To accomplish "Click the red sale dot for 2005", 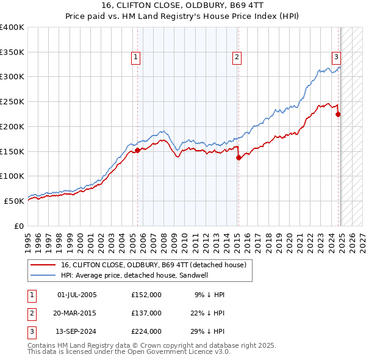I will pos(137,150).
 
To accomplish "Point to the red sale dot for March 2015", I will pos(238,157).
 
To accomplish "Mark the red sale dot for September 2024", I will pos(338,114).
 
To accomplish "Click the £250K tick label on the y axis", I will pos(12,102).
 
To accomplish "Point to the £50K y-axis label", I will pos(14,201).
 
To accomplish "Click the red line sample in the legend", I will pos(43,265).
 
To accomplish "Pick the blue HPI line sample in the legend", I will pos(43,275).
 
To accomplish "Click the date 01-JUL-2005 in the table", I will pos(77,295).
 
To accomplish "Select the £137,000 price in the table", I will pos(146,313).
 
